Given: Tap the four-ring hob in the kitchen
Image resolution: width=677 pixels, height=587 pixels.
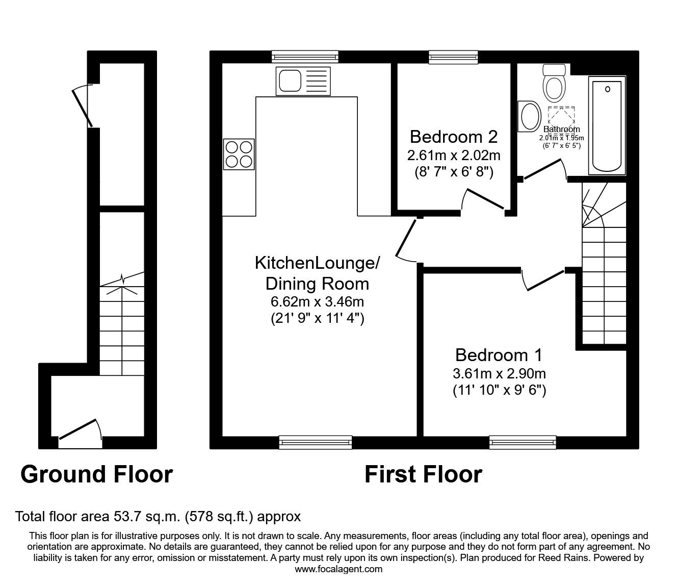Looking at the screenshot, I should [x=239, y=154].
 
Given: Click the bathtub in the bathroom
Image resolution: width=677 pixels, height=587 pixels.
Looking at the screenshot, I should [x=607, y=125].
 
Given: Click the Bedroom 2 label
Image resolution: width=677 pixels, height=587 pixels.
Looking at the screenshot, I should [x=453, y=137].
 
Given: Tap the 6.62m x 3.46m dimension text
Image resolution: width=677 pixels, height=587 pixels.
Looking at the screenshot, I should [x=317, y=301].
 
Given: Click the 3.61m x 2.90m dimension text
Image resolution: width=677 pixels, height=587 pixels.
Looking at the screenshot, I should [x=499, y=373].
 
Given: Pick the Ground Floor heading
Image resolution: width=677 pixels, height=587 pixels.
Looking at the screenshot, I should [x=96, y=474].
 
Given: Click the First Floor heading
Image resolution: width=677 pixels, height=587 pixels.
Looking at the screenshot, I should [x=423, y=474].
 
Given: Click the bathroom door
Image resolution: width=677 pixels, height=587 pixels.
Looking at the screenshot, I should [x=544, y=169].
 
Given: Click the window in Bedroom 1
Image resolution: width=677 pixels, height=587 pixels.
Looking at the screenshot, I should [x=523, y=442].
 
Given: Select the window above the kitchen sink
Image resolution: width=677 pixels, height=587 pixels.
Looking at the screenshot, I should [x=305, y=57].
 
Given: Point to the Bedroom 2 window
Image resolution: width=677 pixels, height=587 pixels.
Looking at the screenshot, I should [x=453, y=57].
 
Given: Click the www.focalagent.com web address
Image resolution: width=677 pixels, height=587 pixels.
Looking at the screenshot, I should [x=338, y=569].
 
